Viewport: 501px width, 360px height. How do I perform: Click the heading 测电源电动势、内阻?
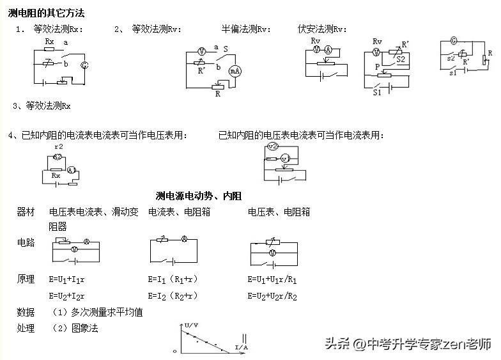pyautogui.click(x=198, y=196)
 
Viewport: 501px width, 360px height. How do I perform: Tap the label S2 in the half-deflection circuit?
pyautogui.click(x=401, y=59)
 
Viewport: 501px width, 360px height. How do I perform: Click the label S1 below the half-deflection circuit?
pyautogui.click(x=377, y=91)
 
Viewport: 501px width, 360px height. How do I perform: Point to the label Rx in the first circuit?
pyautogui.click(x=50, y=41)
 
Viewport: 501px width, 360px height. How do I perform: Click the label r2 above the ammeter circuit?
pyautogui.click(x=59, y=146)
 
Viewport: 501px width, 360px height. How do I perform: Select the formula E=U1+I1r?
pyautogui.click(x=66, y=279)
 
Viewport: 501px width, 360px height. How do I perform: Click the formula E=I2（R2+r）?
pyautogui.click(x=173, y=295)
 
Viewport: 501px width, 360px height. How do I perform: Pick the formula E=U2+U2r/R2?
pyautogui.click(x=272, y=295)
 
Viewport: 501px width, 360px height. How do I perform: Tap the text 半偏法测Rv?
pyautogui.click(x=246, y=29)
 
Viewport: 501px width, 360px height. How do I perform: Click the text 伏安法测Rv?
pyautogui.click(x=323, y=29)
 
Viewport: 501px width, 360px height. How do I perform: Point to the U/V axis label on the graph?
pyautogui.click(x=190, y=326)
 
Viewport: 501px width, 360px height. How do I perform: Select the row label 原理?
pyautogui.click(x=26, y=279)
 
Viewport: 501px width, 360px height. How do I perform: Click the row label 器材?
pyautogui.click(x=26, y=212)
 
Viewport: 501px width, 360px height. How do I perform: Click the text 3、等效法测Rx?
pyautogui.click(x=42, y=106)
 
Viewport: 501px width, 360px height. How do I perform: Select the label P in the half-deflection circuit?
pyautogui.click(x=378, y=66)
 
